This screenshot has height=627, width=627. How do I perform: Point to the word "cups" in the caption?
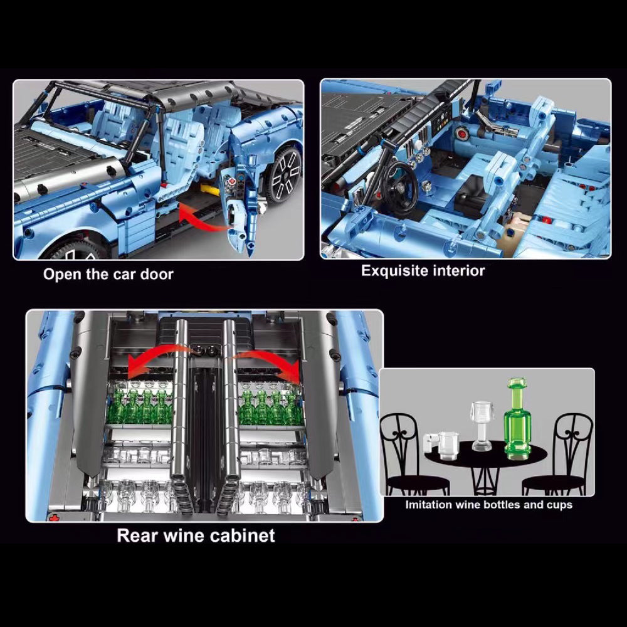click(x=559, y=505)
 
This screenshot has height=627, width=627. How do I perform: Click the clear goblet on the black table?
click(x=482, y=426)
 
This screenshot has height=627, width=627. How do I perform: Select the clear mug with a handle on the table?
click(x=441, y=445)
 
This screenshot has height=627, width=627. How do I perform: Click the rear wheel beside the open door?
click(x=283, y=175)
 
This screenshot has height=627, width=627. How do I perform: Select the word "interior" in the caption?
click(x=459, y=271)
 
